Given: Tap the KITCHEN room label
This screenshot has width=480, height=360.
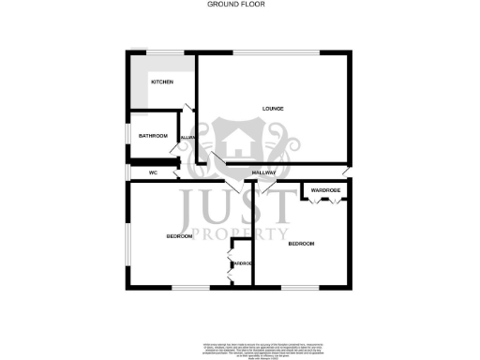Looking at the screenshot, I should coord(162,82).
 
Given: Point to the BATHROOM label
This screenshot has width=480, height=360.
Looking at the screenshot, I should coord(153,136).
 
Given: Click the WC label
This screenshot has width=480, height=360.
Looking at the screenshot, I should coord(151,173).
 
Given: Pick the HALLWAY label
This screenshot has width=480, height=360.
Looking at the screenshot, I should coord(265,173).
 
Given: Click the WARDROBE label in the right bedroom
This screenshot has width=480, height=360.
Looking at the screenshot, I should coord(326,191).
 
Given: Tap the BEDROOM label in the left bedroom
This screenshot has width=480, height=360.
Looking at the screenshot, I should coord(179,236).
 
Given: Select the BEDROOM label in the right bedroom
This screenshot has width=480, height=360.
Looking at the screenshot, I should coord(301,244).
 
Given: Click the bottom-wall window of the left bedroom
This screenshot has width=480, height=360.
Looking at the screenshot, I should coord(184,285).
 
